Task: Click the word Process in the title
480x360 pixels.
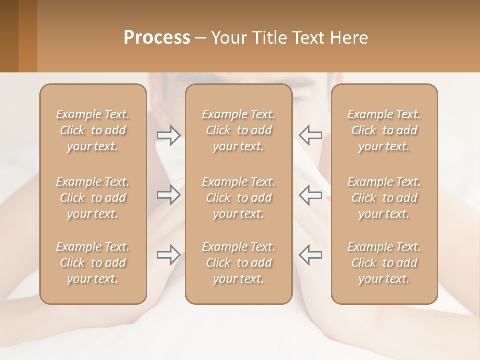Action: pyautogui.click(x=157, y=38)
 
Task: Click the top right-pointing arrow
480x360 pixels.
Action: pyautogui.click(x=168, y=135)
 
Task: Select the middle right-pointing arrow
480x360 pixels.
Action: pyautogui.click(x=168, y=195)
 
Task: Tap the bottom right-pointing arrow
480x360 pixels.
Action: pyautogui.click(x=168, y=255)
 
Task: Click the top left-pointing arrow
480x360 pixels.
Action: pyautogui.click(x=310, y=135)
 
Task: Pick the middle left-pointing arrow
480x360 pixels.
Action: pyautogui.click(x=310, y=195)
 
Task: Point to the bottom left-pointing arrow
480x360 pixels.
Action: pyautogui.click(x=310, y=255)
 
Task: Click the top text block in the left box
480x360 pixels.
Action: pyautogui.click(x=93, y=130)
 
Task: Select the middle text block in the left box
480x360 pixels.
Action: pyautogui.click(x=93, y=198)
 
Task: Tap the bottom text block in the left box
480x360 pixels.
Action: pyautogui.click(x=93, y=263)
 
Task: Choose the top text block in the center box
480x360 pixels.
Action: pyautogui.click(x=238, y=130)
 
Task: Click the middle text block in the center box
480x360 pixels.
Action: pyautogui.click(x=238, y=198)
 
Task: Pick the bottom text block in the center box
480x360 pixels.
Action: pyautogui.click(x=238, y=263)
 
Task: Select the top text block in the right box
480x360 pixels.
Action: pyautogui.click(x=384, y=130)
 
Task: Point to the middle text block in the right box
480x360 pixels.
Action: pyautogui.click(x=384, y=198)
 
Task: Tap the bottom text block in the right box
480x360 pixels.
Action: pyautogui.click(x=384, y=263)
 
